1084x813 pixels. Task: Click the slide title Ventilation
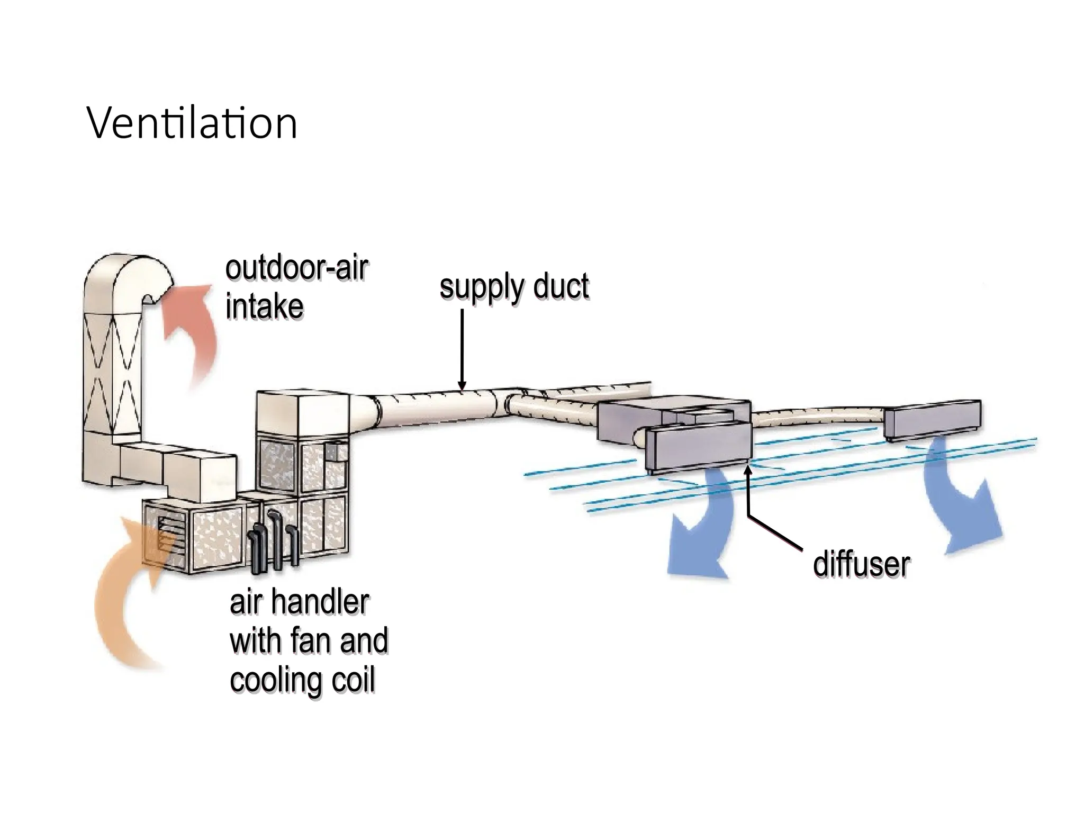coord(192,123)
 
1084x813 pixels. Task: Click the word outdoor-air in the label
coord(296,269)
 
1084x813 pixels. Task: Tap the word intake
coord(264,306)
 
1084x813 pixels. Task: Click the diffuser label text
coord(861,564)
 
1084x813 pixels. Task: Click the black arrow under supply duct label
coord(462,349)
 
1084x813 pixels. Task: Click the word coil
coord(354,680)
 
